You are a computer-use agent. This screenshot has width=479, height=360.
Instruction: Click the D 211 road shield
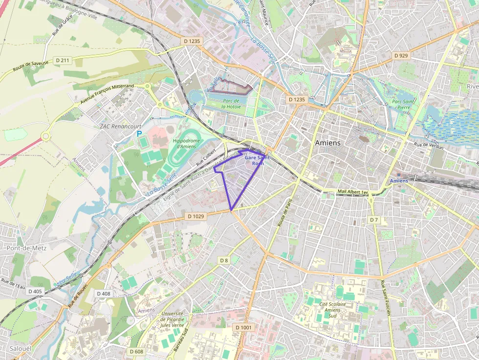(x=63, y=60)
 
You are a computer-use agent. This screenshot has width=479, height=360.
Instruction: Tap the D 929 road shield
(x=400, y=56)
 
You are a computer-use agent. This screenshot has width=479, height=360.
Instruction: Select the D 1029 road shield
(x=196, y=216)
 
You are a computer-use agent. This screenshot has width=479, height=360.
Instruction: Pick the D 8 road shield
(x=224, y=260)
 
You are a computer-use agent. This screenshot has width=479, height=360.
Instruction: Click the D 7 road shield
(x=374, y=220)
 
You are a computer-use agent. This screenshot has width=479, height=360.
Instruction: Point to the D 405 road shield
(x=35, y=291)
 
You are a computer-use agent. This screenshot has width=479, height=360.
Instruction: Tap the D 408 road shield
(x=104, y=294)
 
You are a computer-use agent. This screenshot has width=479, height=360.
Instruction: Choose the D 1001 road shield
(x=243, y=327)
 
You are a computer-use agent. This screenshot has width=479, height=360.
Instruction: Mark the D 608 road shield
(x=137, y=351)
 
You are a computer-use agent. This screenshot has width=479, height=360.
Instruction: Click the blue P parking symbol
(x=139, y=133)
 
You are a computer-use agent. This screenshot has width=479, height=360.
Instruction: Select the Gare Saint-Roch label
(x=256, y=161)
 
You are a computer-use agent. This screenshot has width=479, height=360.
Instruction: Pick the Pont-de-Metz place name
(x=26, y=248)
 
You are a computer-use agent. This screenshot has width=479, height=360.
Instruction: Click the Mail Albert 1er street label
(x=352, y=192)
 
